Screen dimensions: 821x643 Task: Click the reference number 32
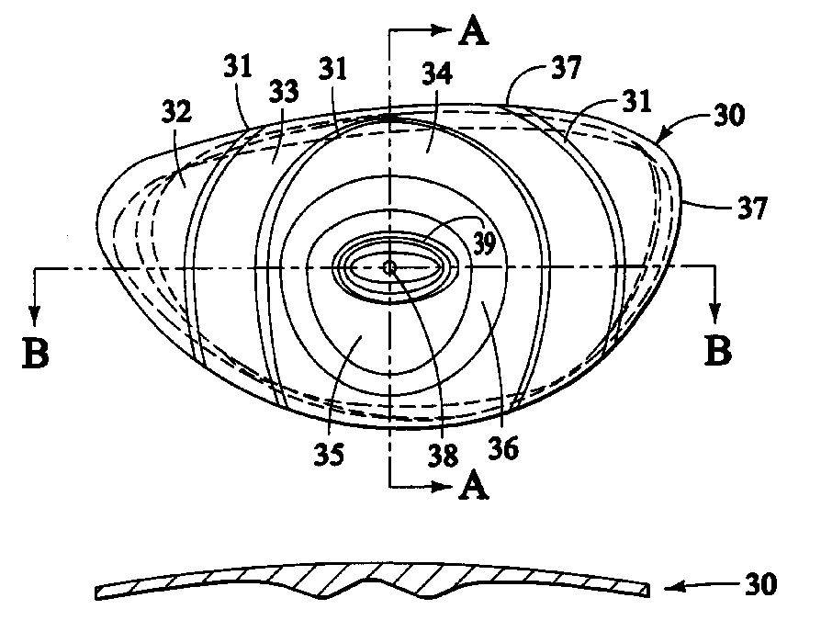[176, 111]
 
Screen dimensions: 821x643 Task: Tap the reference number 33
[284, 91]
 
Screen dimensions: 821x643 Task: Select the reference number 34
[437, 73]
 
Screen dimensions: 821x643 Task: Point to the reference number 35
[329, 454]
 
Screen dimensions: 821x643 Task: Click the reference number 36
[503, 447]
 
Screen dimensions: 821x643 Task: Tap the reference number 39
[484, 243]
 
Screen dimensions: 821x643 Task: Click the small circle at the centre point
[389, 268]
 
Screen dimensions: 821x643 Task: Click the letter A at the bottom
[473, 486]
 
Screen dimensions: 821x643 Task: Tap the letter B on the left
[36, 353]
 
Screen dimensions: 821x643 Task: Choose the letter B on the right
[718, 350]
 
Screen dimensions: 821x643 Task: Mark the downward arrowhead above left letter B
[35, 314]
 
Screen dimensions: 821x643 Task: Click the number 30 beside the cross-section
[760, 584]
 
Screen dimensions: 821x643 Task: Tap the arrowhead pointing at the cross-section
[675, 588]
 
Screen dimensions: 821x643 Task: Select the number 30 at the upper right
[728, 114]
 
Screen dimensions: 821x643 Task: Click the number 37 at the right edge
[752, 207]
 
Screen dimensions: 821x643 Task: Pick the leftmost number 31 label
[238, 66]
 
